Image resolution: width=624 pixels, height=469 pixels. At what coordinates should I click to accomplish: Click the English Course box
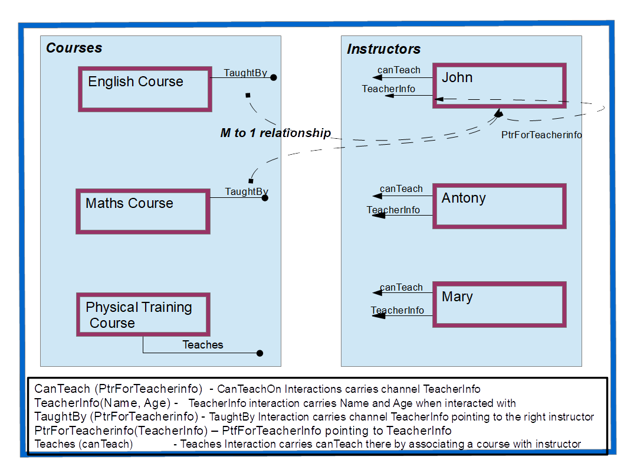pos(144,89)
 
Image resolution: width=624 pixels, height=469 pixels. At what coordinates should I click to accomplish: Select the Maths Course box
pos(143,211)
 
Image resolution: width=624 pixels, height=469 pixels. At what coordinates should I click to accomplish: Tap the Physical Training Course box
pos(143,314)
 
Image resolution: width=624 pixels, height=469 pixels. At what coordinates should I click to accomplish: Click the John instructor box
pos(499,85)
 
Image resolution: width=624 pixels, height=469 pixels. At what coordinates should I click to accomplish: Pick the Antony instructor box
pos(499,206)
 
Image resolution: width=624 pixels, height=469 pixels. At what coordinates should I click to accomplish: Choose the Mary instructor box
pos(499,304)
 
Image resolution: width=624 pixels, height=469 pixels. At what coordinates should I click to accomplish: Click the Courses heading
pos(74,48)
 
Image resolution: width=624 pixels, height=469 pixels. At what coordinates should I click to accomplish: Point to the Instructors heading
pos(383,50)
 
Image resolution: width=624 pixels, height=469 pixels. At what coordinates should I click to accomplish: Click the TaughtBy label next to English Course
pos(245,73)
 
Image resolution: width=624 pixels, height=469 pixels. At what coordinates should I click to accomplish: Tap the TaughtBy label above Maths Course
pos(247,192)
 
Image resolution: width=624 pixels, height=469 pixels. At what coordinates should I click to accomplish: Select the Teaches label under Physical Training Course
pos(203,345)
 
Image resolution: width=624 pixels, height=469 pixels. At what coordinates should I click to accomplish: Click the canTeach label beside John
pos(399,70)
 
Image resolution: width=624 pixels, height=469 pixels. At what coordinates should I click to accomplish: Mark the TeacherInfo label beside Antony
pos(393,210)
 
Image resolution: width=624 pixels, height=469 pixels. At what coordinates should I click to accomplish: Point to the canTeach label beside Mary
pos(401,288)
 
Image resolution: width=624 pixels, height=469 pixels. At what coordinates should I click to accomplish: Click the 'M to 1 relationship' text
pos(275,133)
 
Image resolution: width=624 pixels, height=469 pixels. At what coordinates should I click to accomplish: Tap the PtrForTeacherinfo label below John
pos(541,135)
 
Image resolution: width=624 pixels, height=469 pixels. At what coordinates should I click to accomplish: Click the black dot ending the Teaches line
pos(260,353)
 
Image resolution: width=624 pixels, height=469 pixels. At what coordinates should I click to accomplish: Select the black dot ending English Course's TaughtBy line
pos(273,77)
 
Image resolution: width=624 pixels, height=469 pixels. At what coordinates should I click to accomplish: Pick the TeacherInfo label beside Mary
pos(397,311)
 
